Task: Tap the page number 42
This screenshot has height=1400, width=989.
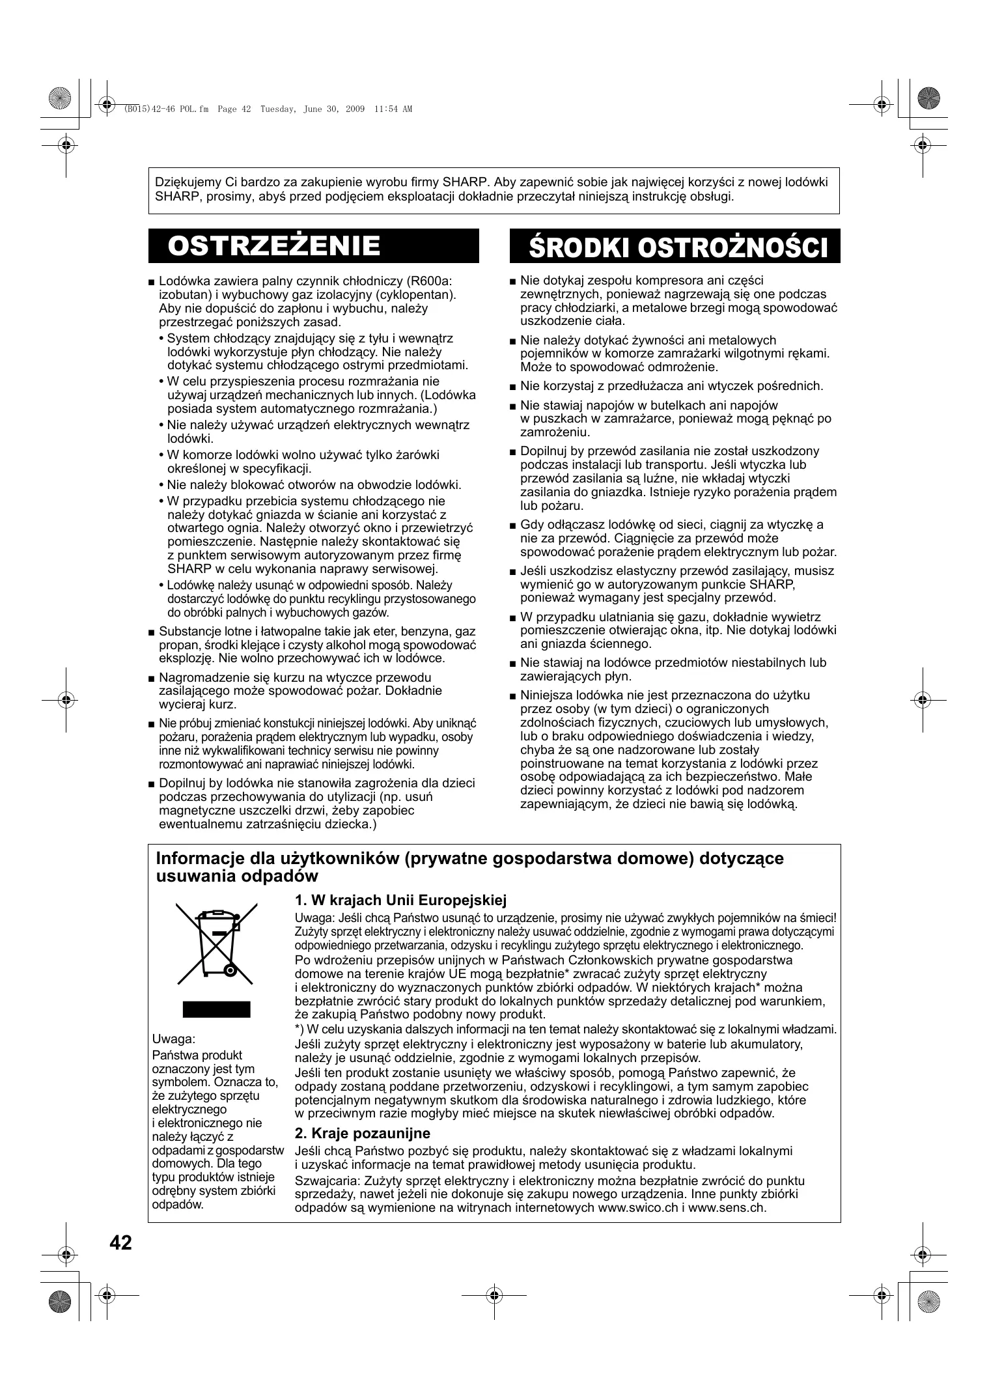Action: coord(121,1243)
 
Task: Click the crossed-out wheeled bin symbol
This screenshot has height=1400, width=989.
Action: coord(217,945)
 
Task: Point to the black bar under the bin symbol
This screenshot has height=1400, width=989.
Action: coord(216,1009)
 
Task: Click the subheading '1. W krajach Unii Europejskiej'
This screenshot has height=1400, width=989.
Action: coord(400,901)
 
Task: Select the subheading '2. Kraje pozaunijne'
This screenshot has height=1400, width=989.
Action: coord(362,1133)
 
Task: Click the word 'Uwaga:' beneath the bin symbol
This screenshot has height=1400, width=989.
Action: coord(173,1039)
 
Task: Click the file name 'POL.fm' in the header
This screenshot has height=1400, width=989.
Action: coord(194,109)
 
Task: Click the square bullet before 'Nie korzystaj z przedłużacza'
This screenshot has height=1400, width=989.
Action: coord(513,387)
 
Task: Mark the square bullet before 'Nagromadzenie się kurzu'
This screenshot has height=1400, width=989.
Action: coord(152,678)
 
